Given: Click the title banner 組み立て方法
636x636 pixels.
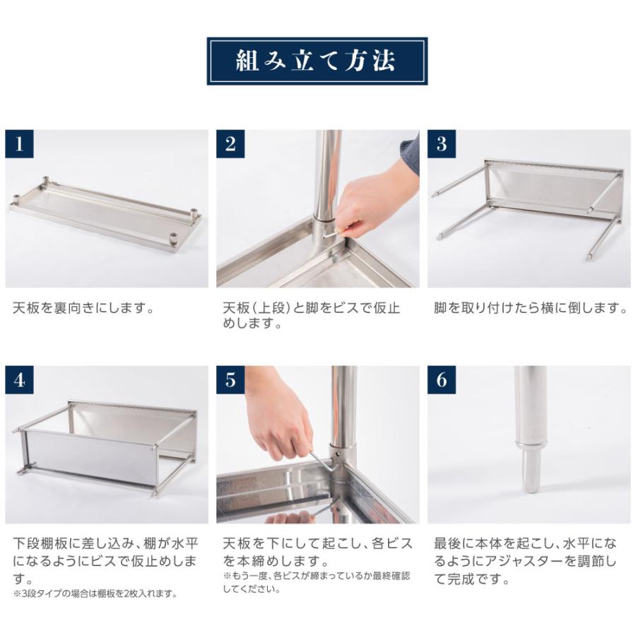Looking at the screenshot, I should point(317,61).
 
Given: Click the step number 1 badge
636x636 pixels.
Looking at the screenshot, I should point(19,144).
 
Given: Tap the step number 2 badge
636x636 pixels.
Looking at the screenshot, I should point(230,144).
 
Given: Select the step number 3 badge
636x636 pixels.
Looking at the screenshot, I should point(442,144).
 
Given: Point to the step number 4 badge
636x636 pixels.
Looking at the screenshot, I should point(19,380).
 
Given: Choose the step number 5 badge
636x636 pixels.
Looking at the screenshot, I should point(230,380).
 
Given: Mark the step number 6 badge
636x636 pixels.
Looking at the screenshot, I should point(442,380).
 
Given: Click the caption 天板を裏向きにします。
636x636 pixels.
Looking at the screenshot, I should point(83,309).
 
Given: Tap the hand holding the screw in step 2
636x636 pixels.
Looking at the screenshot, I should point(371,201).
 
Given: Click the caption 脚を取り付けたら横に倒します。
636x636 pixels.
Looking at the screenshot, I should point(531,309).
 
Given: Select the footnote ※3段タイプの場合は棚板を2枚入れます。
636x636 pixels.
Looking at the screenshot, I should point(95,594).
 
